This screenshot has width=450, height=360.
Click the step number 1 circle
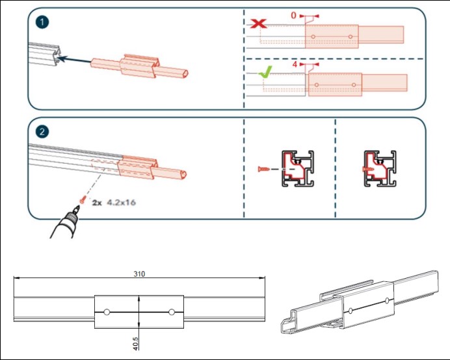tap(42, 22)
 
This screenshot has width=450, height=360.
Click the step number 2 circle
tap(42, 131)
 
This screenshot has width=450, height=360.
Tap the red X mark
tap(259, 24)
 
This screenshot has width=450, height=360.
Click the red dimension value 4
tap(294, 66)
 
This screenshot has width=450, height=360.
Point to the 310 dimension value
tap(139, 274)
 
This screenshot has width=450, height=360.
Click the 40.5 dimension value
tap(135, 342)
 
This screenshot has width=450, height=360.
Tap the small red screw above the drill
tap(83, 199)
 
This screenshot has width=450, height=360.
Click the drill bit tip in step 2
tap(78, 209)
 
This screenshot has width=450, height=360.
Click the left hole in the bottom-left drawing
tap(107, 312)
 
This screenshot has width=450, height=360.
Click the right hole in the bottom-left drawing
tap(171, 312)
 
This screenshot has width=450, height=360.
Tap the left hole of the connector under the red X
tap(313, 35)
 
